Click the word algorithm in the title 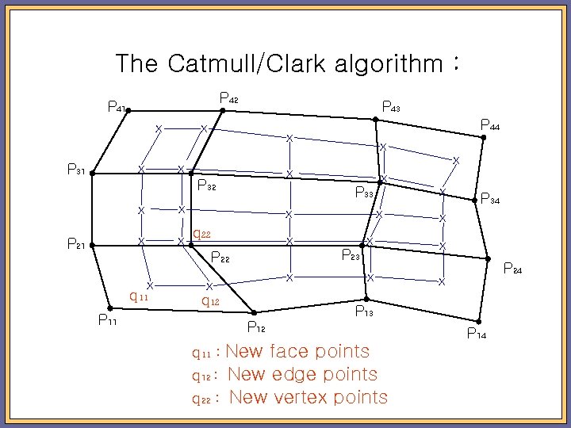389,63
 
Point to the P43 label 391,105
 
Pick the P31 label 77,170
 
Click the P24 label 514,270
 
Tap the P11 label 106,320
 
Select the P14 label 477,334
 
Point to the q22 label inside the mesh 201,234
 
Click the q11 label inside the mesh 139,296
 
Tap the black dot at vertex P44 484,138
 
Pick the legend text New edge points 302,374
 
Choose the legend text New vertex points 308,398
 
